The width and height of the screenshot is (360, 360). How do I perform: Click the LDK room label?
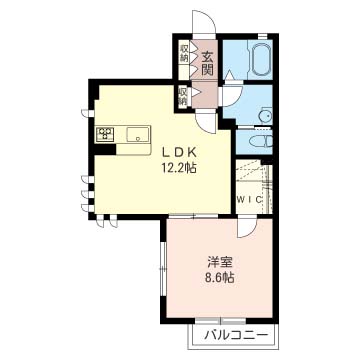[x=178, y=152]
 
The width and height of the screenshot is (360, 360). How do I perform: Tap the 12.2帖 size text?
[x=178, y=168]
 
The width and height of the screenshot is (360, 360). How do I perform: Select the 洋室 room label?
[x=219, y=263]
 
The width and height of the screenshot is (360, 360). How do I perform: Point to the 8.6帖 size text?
[x=219, y=277]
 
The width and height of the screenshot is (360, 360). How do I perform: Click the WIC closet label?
[x=250, y=200]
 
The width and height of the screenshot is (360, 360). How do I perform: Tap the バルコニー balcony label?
[x=236, y=334]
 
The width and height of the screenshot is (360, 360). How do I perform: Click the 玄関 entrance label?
[x=207, y=64]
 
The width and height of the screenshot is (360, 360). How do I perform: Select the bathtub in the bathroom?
[x=261, y=58]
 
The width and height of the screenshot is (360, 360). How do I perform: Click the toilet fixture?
[x=262, y=141]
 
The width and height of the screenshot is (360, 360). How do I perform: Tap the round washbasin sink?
[x=266, y=116]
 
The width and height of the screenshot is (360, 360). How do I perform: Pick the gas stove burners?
[x=105, y=135]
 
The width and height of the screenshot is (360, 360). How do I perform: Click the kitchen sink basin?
[x=138, y=135]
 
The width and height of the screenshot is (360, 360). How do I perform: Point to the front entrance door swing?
[x=204, y=22]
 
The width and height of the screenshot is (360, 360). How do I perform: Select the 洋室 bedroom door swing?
[x=246, y=227]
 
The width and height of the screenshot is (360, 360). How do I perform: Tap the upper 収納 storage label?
[x=184, y=53]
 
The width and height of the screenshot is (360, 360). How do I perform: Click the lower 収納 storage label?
[x=183, y=96]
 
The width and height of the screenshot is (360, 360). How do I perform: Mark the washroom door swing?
[x=232, y=96]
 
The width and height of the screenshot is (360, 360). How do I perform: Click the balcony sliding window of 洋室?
[x=220, y=321]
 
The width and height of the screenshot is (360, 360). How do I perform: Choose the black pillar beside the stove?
[x=105, y=149]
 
